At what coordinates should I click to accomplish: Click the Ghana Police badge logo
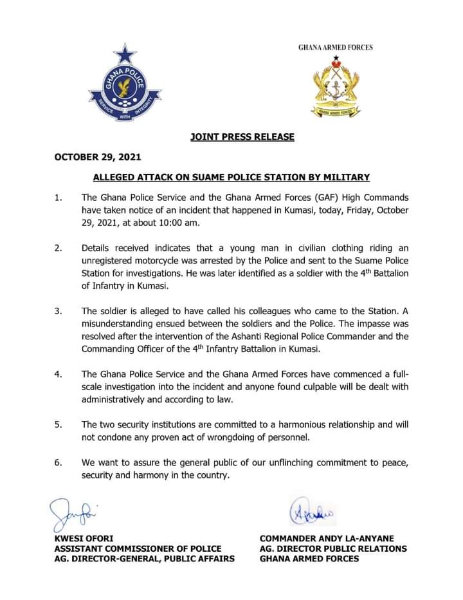click(125, 86)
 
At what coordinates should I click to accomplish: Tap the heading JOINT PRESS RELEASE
click(242, 136)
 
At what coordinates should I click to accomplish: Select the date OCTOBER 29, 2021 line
click(97, 157)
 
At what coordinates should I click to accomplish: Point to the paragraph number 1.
click(58, 197)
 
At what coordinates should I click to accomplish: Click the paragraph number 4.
click(58, 374)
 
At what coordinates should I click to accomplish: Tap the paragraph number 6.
click(58, 463)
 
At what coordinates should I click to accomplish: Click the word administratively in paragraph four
click(119, 399)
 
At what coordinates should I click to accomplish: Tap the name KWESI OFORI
click(84, 538)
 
